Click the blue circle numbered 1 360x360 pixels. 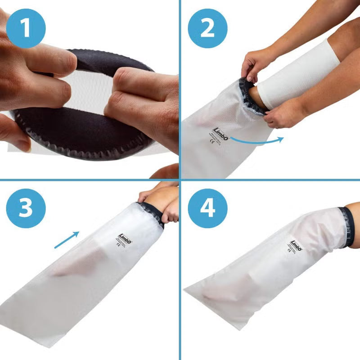26,28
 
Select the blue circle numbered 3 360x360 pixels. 26,208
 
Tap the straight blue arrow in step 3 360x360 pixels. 67,240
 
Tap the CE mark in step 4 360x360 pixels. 289,251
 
